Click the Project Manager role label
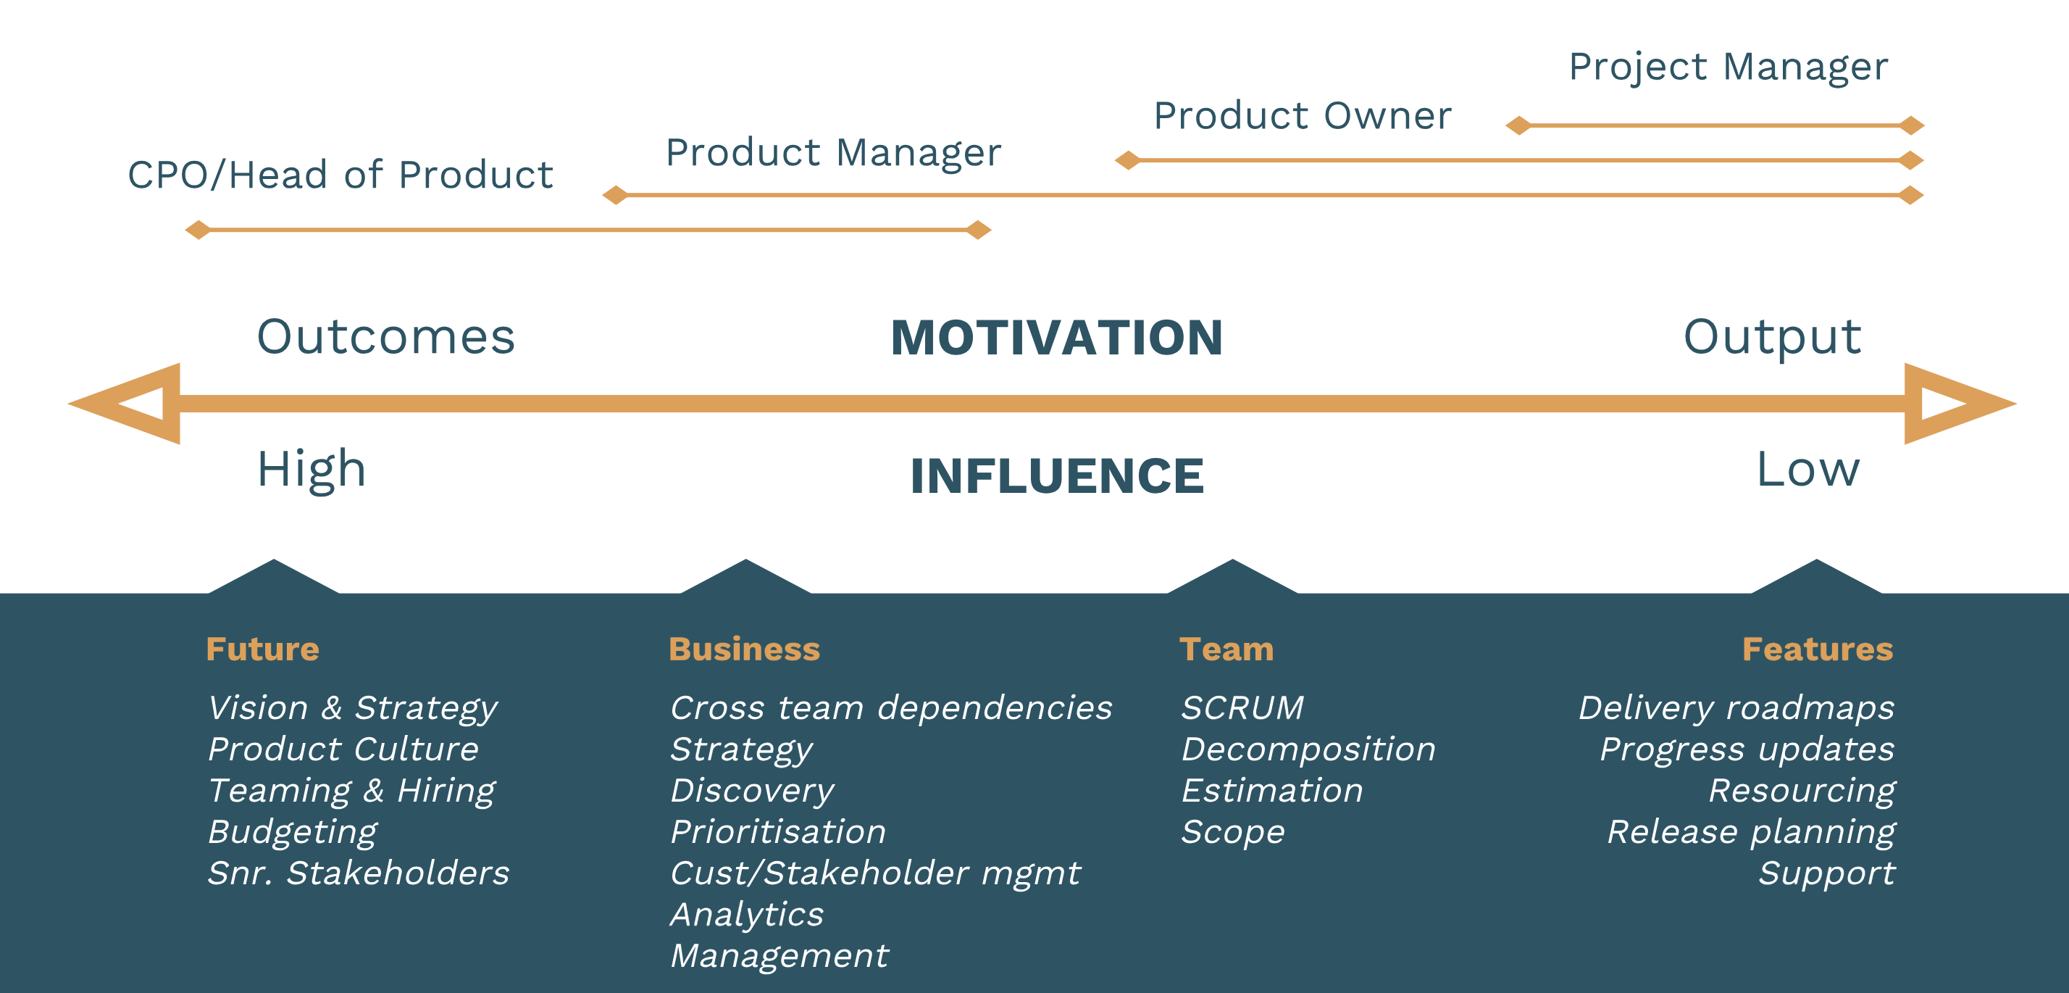tap(1728, 67)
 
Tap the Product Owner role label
tap(1302, 116)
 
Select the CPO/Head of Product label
tap(340, 175)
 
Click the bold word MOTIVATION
tap(1056, 338)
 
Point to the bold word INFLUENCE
tap(1056, 475)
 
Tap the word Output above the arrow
tap(1771, 338)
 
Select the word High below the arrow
tap(311, 470)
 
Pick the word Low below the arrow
tap(1807, 470)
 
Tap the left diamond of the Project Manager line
tap(1518, 125)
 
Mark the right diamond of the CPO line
tap(978, 230)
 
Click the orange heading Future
tap(263, 649)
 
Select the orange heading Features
tap(1817, 649)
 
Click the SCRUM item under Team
tap(1242, 708)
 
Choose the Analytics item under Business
tap(747, 914)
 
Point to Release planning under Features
tap(1751, 832)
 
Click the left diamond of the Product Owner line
tap(1128, 161)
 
